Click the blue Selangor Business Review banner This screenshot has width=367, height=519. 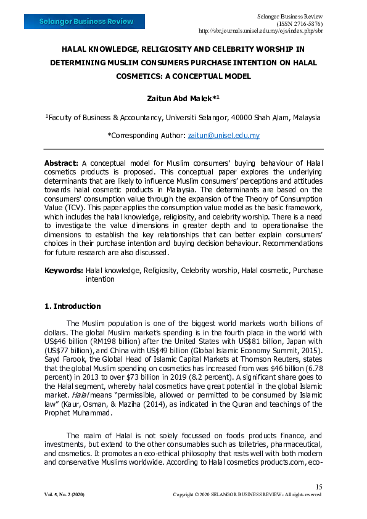[x=86, y=22]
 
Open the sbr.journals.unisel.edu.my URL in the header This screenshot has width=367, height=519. [x=260, y=30]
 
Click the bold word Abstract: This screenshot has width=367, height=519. [x=61, y=162]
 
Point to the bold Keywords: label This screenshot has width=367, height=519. [x=64, y=270]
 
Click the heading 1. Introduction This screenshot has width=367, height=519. [x=72, y=306]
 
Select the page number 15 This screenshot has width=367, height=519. [x=318, y=487]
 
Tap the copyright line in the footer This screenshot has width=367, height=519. [x=247, y=495]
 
